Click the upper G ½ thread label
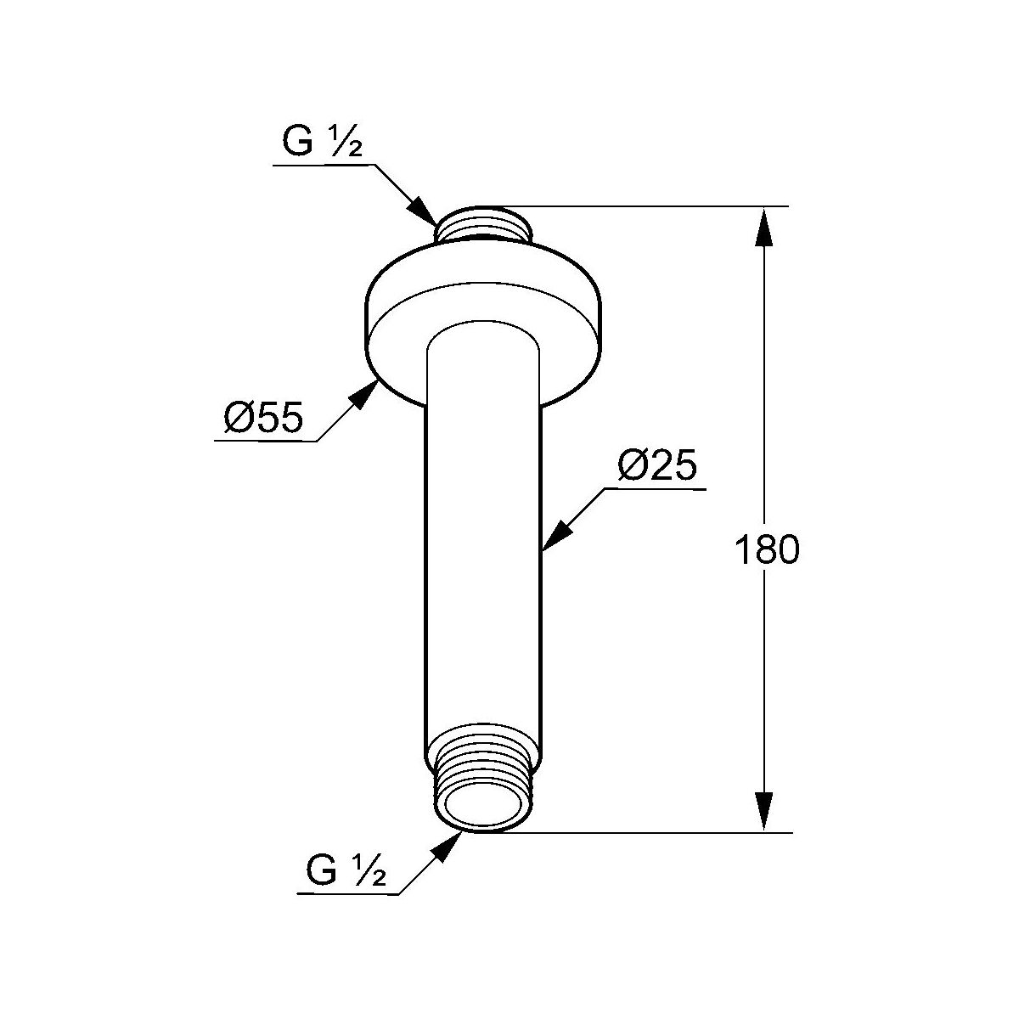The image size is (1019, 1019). (323, 141)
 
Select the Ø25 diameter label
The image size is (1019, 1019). (657, 465)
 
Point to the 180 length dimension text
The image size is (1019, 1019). (767, 549)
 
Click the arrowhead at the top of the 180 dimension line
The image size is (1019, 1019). (763, 228)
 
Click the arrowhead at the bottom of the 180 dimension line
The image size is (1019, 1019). (763, 811)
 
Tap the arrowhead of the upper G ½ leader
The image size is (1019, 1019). (424, 211)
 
